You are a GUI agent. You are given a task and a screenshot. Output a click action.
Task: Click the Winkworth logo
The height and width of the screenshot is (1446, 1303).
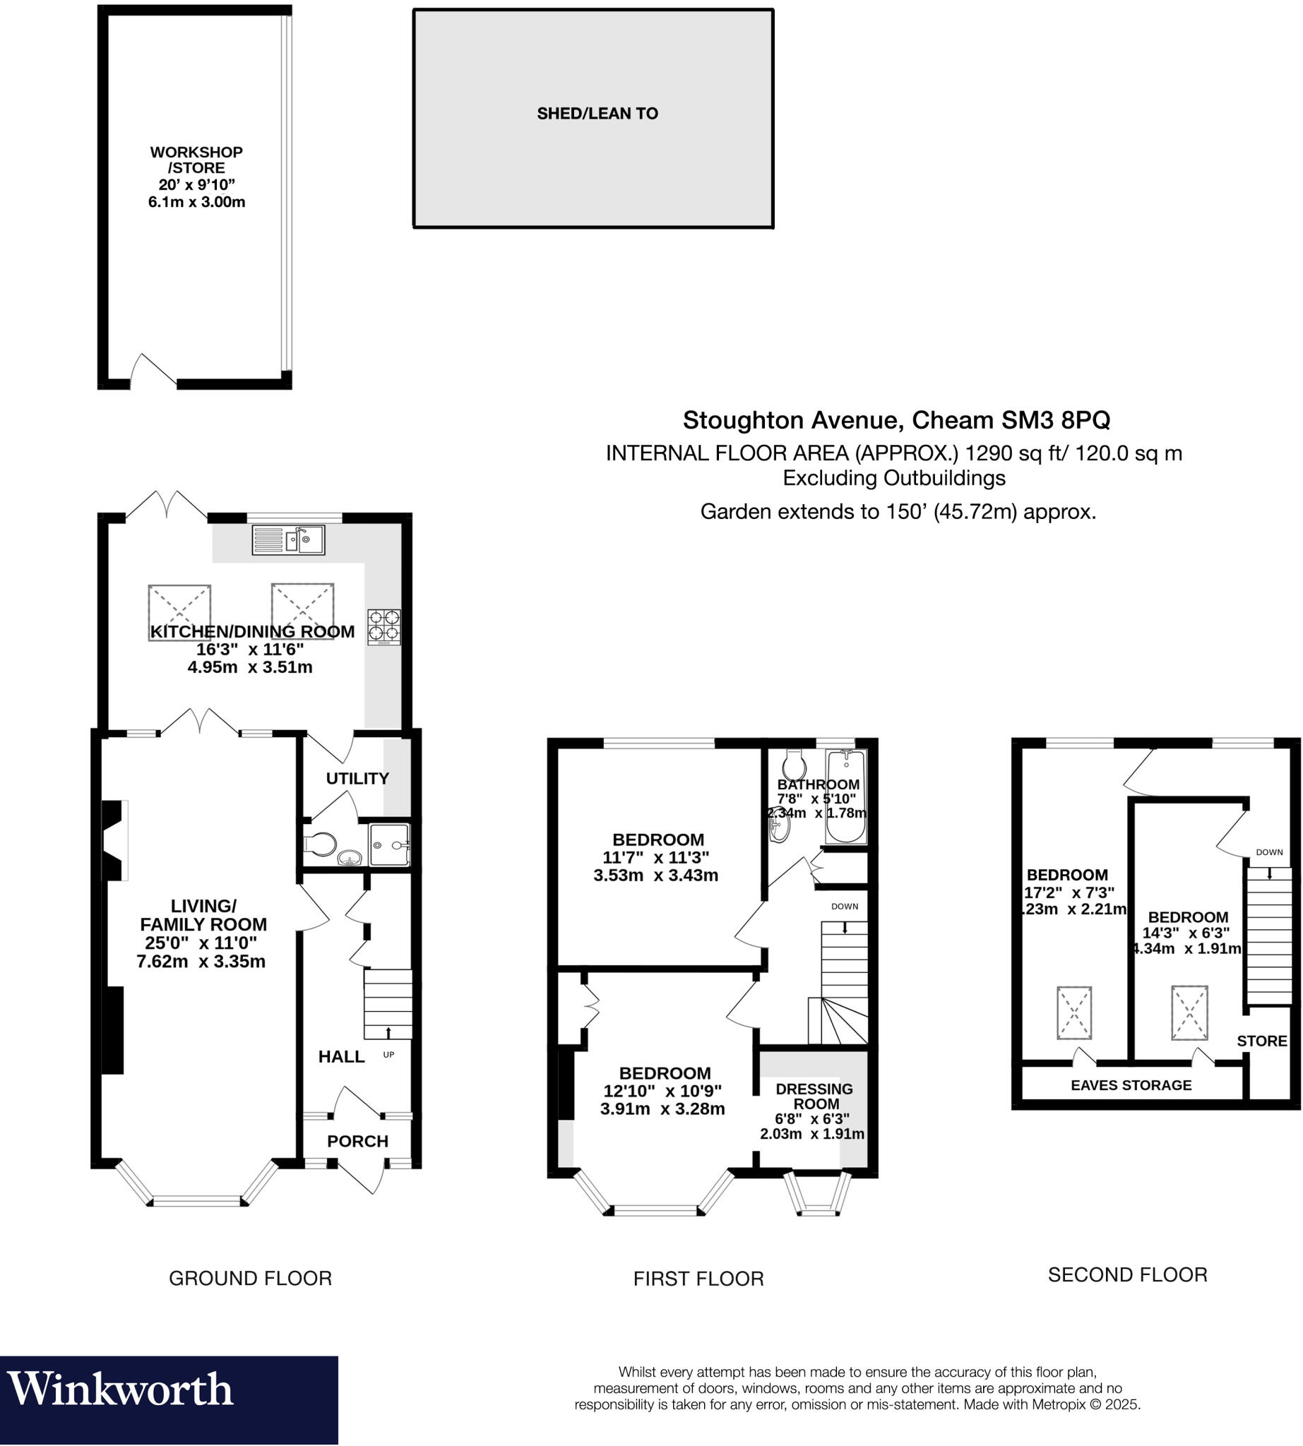[x=120, y=1390]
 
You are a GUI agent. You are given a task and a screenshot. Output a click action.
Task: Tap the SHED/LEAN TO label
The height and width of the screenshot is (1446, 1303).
[x=597, y=113]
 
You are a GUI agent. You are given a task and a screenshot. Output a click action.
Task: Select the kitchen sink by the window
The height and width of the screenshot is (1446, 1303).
[x=288, y=539]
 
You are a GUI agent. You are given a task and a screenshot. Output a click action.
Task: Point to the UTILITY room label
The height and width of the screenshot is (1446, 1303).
[x=357, y=778]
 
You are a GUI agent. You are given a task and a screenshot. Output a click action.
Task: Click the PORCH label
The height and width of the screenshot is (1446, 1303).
[x=357, y=1141]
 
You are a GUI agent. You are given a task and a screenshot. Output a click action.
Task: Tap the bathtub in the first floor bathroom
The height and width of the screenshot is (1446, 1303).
[x=845, y=796]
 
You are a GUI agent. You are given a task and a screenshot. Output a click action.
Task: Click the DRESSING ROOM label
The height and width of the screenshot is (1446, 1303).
[x=814, y=1096]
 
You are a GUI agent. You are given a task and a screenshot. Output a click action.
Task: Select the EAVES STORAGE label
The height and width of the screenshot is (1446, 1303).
[x=1131, y=1085]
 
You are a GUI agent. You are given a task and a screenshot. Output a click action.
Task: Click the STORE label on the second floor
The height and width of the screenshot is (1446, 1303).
[x=1261, y=1041]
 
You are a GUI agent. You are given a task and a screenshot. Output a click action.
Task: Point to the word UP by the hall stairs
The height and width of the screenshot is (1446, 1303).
[x=388, y=1054]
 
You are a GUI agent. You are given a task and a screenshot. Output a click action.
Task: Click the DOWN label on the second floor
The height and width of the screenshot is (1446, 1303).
[x=1268, y=852]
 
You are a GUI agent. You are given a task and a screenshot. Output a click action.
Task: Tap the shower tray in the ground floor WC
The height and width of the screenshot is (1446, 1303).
[x=389, y=845]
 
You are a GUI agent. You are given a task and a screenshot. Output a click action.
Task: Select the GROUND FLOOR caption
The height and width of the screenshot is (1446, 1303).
[x=250, y=1278]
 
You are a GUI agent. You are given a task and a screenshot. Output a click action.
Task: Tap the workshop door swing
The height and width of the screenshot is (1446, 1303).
[x=153, y=370]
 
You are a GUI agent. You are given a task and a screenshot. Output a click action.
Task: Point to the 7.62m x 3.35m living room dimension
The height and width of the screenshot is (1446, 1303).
[x=201, y=962]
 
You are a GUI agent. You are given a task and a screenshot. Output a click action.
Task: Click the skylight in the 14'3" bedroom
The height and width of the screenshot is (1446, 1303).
[x=1189, y=1012]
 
